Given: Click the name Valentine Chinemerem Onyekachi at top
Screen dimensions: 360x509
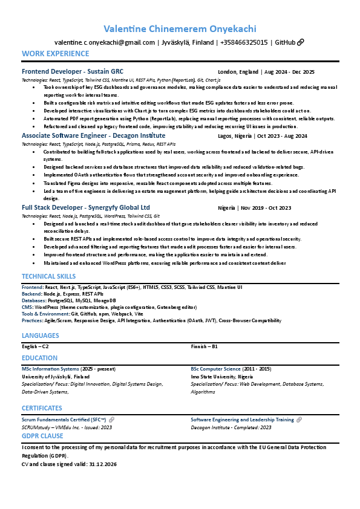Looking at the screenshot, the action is click(180, 29).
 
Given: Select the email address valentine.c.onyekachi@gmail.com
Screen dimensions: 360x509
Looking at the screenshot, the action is click(105, 42).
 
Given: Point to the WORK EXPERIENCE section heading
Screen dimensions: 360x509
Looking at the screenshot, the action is click(55, 54).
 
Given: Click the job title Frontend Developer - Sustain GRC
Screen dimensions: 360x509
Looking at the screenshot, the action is click(73, 71).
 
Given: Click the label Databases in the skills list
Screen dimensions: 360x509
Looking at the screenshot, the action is click(34, 300).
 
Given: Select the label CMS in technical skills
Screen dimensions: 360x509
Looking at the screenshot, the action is click(27, 307).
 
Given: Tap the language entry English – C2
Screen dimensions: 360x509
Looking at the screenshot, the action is click(35, 346).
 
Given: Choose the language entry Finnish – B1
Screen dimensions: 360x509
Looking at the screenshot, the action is click(204, 346).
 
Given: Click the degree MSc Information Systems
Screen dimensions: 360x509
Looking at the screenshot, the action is click(50, 369).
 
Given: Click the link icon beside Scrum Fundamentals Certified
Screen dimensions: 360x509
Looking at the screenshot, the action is click(111, 420).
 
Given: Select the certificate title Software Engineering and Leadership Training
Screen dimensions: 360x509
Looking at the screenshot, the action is click(242, 420).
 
